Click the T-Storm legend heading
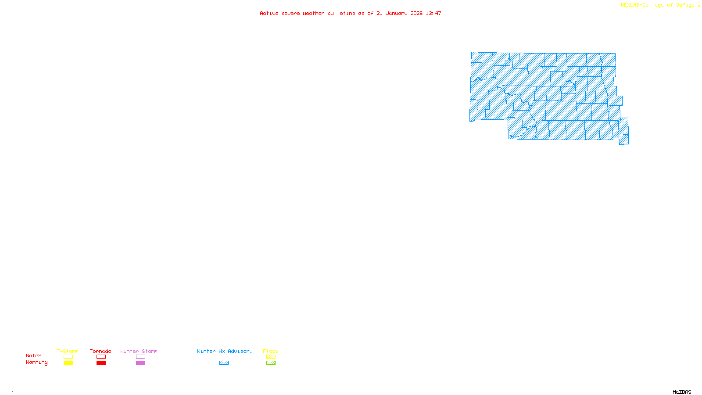coord(68,351)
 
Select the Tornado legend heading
coord(100,351)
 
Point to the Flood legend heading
coord(271,351)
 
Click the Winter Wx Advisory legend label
coord(225,351)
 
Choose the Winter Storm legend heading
coord(139,351)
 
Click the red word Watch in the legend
coord(34,355)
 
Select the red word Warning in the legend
coord(36,363)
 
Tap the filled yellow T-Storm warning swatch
coord(68,363)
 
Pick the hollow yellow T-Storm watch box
coord(68,357)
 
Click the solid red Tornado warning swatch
coord(101,363)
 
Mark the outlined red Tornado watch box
coord(101,357)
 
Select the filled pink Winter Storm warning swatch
coord(140,363)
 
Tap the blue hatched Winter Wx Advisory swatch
coord(224,363)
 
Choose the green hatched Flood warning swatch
coord(271,363)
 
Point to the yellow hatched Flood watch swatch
coord(271,357)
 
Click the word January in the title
coord(397,13)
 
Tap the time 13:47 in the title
coord(433,13)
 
